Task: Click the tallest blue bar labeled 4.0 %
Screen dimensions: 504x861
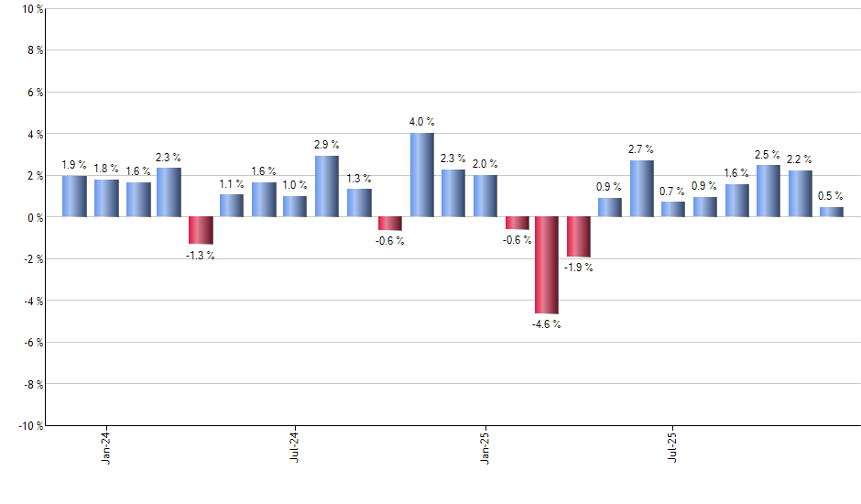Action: (421, 175)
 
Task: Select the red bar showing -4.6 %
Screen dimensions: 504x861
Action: (547, 265)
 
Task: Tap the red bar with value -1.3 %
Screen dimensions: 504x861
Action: (201, 230)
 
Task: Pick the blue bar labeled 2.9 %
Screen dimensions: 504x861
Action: (327, 186)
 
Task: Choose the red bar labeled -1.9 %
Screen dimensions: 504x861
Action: (579, 236)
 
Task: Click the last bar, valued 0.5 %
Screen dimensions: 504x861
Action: (831, 212)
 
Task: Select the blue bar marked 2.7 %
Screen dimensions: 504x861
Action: (642, 189)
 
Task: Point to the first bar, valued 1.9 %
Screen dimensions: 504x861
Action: (74, 196)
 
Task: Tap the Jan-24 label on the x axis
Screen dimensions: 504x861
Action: (106, 445)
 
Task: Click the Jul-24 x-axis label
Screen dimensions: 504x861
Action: (295, 445)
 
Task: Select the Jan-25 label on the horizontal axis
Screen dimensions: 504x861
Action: (485, 445)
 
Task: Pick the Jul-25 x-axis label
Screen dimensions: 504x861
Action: (673, 445)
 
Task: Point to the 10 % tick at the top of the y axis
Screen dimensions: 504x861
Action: (31, 9)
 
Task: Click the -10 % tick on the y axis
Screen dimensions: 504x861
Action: (29, 425)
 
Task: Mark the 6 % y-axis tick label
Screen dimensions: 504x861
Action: (33, 93)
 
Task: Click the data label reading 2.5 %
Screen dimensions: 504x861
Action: (768, 155)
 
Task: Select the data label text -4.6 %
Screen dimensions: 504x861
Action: (547, 324)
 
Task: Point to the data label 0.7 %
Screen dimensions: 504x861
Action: (673, 192)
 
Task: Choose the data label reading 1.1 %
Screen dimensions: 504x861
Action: (232, 183)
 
